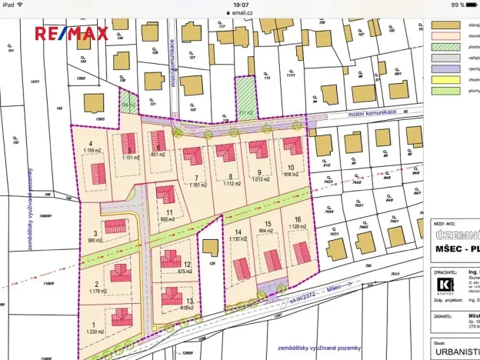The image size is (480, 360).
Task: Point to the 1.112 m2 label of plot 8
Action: (x=229, y=184)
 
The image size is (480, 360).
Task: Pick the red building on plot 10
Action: (x=292, y=145)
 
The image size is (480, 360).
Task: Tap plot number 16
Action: (x=295, y=219)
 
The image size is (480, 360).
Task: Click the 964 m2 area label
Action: (x=265, y=230)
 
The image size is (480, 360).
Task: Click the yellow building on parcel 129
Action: (x=208, y=248)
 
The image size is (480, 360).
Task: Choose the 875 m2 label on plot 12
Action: (x=184, y=271)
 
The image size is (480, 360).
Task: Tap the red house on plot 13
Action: (x=171, y=296)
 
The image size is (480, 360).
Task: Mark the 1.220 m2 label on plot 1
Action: (x=95, y=332)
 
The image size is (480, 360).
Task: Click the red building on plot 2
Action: (x=119, y=273)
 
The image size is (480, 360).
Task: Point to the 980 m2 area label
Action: (x=95, y=240)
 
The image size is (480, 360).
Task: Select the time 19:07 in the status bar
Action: (x=241, y=5)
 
